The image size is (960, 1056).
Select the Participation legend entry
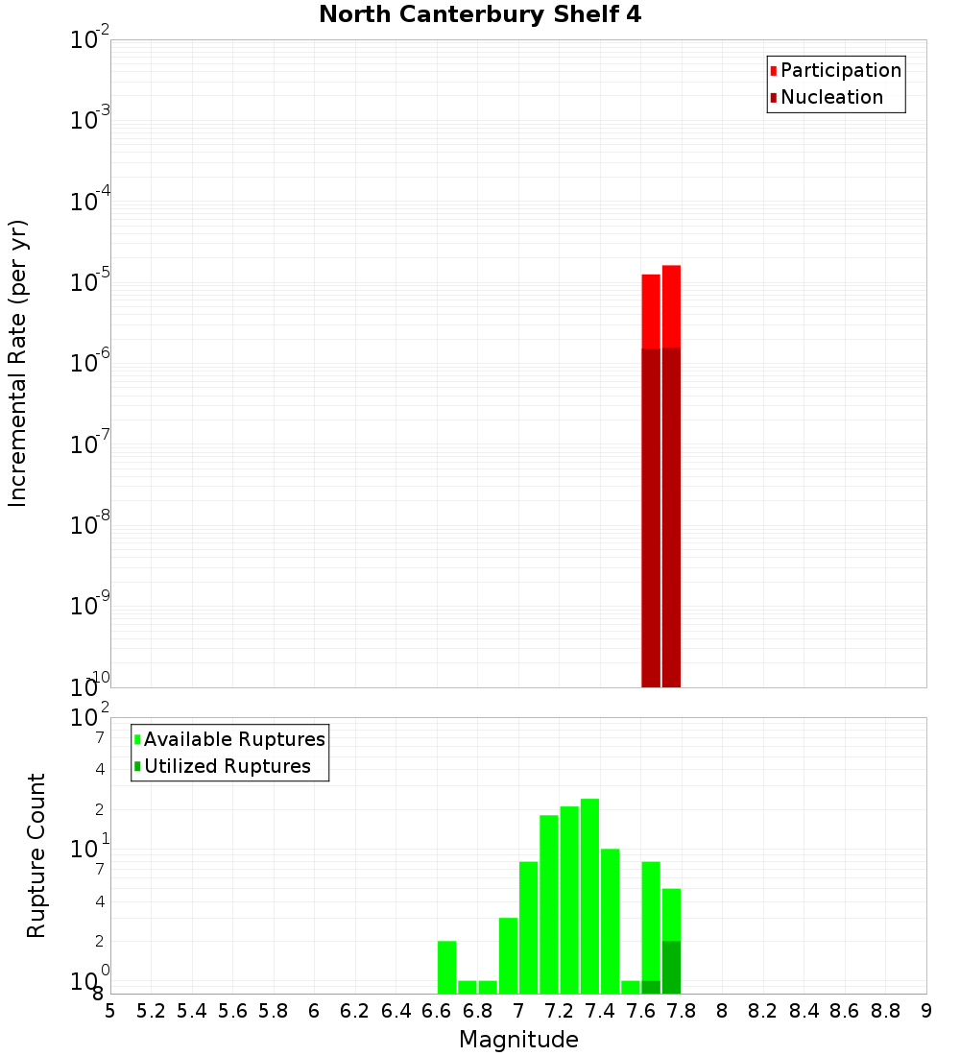pos(841,70)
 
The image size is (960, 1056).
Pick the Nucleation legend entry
pos(831,97)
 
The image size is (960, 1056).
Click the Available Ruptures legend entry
pos(234,739)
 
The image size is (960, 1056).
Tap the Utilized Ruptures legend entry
pos(227,766)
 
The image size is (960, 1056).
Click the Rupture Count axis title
pos(36,855)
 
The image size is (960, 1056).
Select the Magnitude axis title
pos(518,1040)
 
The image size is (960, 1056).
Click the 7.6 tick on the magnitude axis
pos(640,1011)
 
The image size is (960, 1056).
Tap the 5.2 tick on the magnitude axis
pos(151,1011)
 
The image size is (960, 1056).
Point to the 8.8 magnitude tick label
pos(885,1011)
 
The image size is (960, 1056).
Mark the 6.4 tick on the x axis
pos(396,1011)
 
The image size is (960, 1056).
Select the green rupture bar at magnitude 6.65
pos(446,967)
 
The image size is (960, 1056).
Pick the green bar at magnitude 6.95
pos(508,955)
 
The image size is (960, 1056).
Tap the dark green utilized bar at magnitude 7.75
pos(671,967)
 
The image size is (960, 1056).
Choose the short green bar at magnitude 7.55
pos(630,987)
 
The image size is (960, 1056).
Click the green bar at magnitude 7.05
pos(528,927)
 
